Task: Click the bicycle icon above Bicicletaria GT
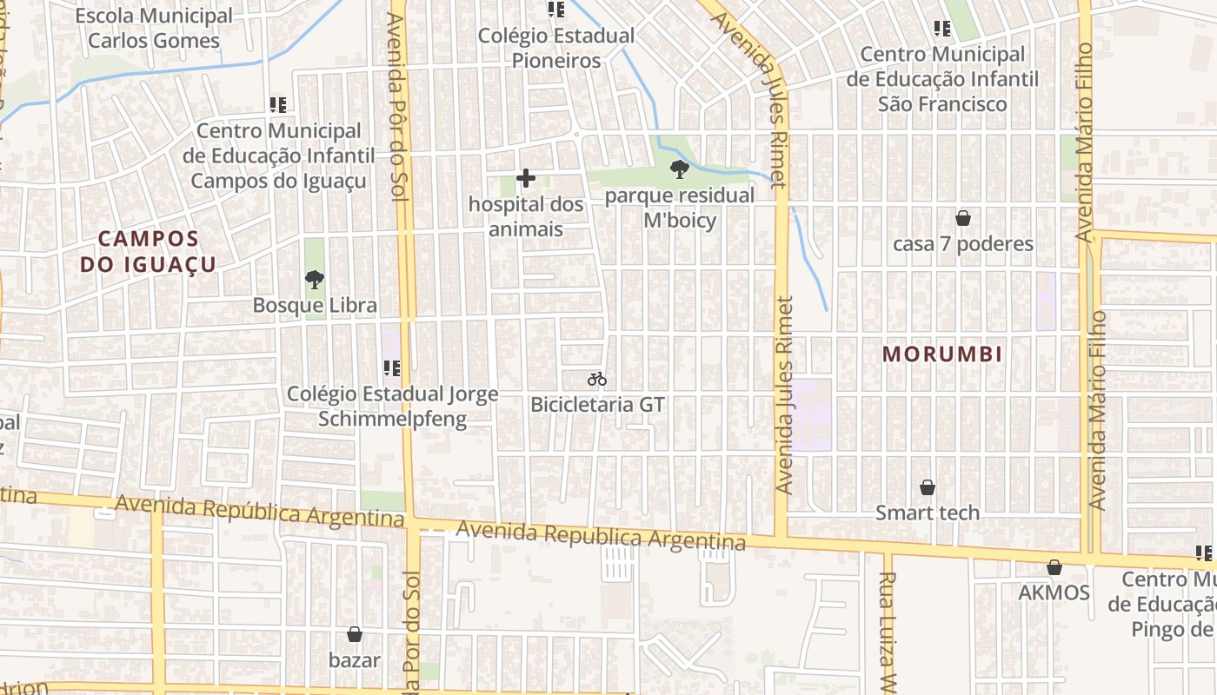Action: (x=596, y=379)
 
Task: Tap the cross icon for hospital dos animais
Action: (x=526, y=178)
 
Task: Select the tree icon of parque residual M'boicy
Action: (x=680, y=169)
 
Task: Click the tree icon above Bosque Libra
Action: (x=315, y=279)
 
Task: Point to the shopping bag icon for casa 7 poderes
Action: (x=963, y=217)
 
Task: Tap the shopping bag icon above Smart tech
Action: (x=928, y=487)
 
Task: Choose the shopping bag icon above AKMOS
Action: (x=1054, y=567)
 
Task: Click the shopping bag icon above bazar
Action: (x=354, y=634)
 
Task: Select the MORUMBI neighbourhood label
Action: (x=942, y=354)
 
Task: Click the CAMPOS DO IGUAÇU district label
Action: (x=148, y=251)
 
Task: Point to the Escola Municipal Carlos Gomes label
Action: (x=154, y=28)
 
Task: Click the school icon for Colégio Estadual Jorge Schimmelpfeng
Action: (x=391, y=368)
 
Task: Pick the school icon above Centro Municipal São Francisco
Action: (x=942, y=29)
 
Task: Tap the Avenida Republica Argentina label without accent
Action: (x=601, y=535)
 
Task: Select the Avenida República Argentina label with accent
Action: (x=259, y=512)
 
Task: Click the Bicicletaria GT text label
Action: (x=597, y=405)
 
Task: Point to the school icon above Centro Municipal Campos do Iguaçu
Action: (x=278, y=105)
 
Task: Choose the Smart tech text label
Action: (x=928, y=513)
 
